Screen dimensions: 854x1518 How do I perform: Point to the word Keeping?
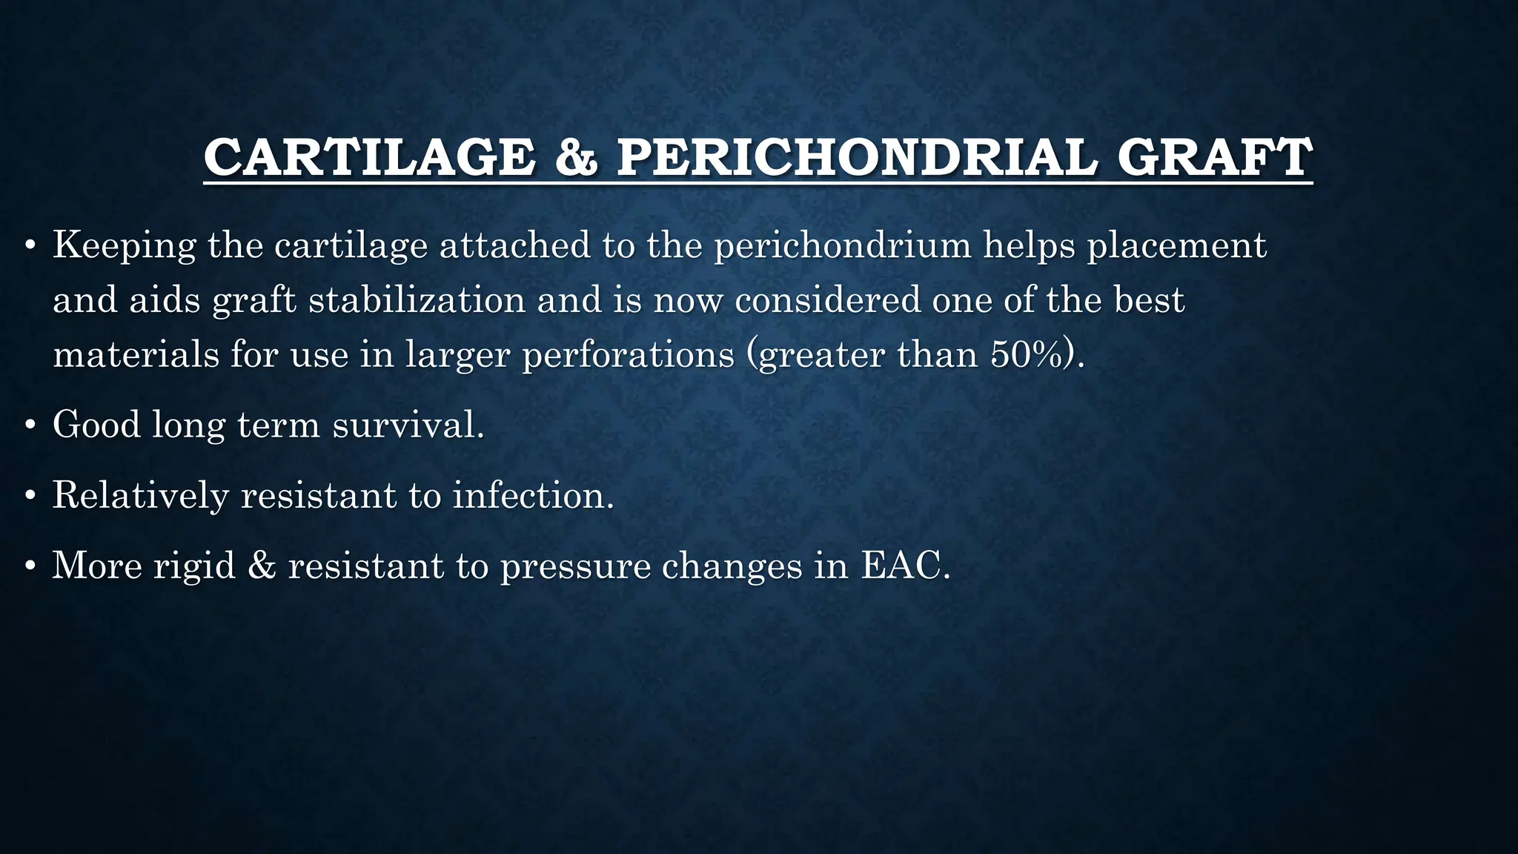coord(124,245)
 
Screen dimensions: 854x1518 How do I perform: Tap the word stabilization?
coord(417,299)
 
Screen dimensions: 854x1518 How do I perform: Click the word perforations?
coord(628,355)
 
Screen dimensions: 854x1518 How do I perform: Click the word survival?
coord(408,425)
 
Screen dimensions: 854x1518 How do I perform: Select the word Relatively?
coord(140,495)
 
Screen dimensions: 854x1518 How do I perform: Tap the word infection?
coord(533,495)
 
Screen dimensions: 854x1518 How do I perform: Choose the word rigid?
coord(194,566)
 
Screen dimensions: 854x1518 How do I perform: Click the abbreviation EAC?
coord(904,566)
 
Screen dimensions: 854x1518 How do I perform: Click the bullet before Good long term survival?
coord(30,426)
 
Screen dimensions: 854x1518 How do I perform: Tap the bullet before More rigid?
coord(30,567)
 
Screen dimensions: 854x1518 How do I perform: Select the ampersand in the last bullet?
coord(262,566)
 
